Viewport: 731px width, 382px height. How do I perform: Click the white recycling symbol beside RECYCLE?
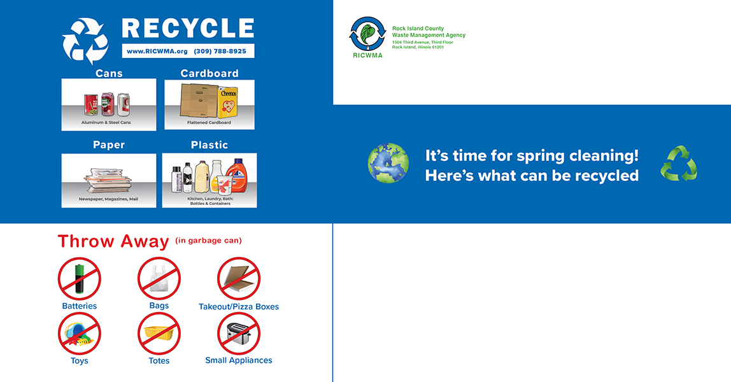click(85, 41)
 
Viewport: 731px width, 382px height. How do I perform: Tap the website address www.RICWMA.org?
click(157, 52)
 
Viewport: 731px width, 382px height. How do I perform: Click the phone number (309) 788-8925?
click(220, 52)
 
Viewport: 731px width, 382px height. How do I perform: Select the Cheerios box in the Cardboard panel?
click(228, 102)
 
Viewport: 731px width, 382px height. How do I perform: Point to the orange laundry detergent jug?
click(238, 176)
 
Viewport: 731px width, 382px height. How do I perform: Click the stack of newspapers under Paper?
click(109, 181)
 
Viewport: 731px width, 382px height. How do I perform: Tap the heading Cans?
click(109, 73)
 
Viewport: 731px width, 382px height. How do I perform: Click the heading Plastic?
click(209, 145)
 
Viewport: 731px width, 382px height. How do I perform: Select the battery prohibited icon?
click(80, 278)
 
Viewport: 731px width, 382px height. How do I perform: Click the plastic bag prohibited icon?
click(159, 278)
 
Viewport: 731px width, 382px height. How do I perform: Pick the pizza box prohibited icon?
click(239, 278)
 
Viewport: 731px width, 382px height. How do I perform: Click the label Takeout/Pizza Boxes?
click(239, 307)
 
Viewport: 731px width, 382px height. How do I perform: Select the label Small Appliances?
click(239, 360)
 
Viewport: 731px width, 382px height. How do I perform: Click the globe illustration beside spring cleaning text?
click(388, 164)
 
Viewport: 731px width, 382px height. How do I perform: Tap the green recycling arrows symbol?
click(679, 164)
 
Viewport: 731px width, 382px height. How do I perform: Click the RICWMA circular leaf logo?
click(367, 34)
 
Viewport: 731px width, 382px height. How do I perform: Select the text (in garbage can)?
click(209, 241)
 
